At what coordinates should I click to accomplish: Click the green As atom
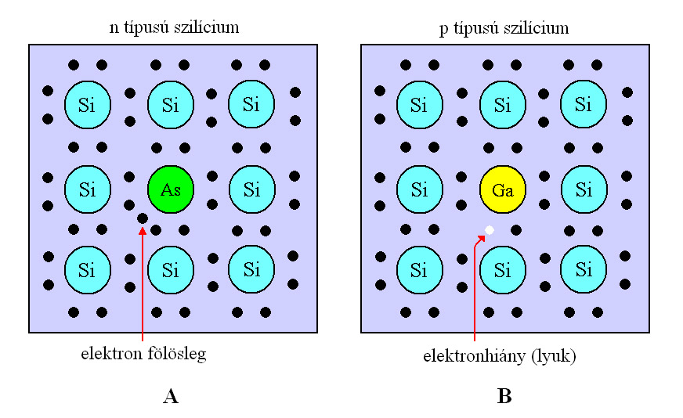point(171,189)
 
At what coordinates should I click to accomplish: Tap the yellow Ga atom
point(502,189)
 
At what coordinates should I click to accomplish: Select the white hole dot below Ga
point(490,229)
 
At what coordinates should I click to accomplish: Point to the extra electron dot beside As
point(143,218)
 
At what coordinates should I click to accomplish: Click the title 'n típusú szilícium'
point(174,28)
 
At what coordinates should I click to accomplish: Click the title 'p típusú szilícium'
point(504,28)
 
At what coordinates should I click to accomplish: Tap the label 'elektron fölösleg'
point(143,355)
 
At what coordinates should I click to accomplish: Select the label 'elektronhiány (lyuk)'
point(500,356)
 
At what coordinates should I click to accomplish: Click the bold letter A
point(171,397)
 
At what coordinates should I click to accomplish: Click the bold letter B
point(504,397)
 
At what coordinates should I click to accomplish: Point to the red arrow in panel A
point(143,282)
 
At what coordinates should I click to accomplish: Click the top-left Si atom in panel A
point(87,104)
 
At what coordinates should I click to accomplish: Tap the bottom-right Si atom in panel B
point(584,270)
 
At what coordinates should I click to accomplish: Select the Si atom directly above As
point(171,104)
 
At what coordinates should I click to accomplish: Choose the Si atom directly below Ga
point(502,270)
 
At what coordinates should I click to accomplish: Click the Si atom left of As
point(87,189)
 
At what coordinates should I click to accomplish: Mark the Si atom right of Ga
point(584,189)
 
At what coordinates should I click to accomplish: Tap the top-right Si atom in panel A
point(251,104)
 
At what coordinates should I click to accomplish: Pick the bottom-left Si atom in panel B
point(419,270)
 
